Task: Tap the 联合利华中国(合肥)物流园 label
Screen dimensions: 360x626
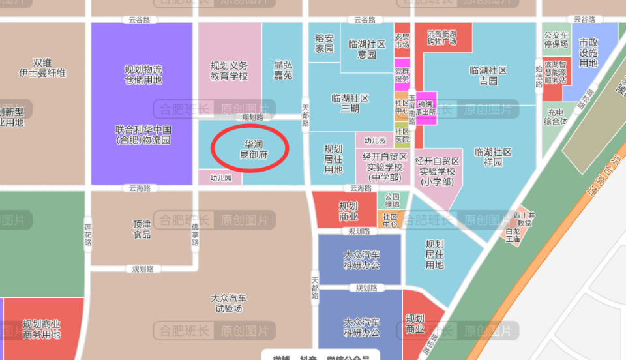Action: [x=143, y=134]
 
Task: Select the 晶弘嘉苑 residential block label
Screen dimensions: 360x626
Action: [x=283, y=70]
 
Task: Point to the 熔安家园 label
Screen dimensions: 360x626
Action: [x=324, y=44]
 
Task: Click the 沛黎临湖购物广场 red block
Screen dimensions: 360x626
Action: [x=441, y=37]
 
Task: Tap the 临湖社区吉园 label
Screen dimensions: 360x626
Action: [x=488, y=76]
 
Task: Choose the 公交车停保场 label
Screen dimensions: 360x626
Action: [x=556, y=40]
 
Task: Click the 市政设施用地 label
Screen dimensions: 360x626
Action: [x=588, y=52]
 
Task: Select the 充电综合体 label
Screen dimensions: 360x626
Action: [x=556, y=116]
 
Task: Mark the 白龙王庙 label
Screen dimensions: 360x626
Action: [x=513, y=235]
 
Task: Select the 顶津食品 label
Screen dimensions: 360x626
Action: [x=142, y=229]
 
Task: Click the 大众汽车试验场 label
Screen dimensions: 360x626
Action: [x=228, y=303]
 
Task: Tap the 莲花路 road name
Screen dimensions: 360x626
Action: [x=87, y=233]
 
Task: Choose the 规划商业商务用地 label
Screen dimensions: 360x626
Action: [x=42, y=329]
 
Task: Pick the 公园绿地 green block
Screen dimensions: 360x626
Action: [x=392, y=200]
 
